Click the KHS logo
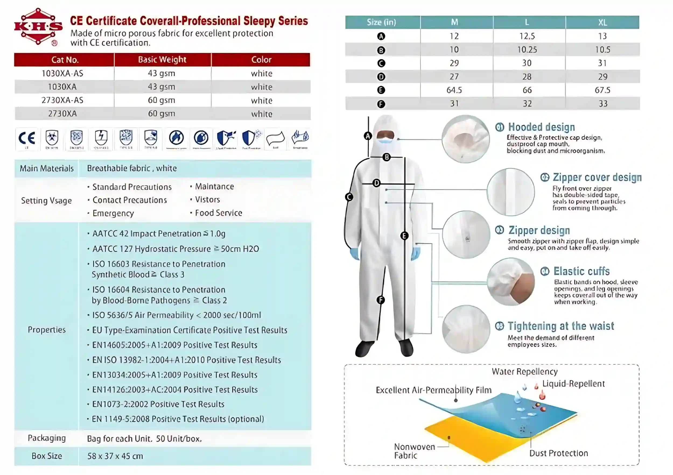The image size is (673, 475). coord(38,27)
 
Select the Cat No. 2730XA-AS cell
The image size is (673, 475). coord(62,100)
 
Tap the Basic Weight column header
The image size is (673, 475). coord(162,60)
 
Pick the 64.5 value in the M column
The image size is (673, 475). coord(454,90)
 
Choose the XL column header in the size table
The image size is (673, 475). coord(602,23)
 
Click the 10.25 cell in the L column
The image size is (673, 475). coord(527,50)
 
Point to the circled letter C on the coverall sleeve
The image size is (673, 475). coord(349,197)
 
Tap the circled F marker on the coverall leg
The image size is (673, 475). coord(380,300)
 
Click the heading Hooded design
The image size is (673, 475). coord(541,127)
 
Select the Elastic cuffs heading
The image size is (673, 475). coord(581,271)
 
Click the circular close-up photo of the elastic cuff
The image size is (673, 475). coord(511,282)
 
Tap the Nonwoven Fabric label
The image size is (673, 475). coord(414,451)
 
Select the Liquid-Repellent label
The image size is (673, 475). coord(573,384)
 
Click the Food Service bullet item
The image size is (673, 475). coord(218,213)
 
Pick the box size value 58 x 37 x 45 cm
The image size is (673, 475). coord(115,456)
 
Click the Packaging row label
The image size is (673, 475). coord(47,438)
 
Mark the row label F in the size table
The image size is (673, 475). coord(381,104)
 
